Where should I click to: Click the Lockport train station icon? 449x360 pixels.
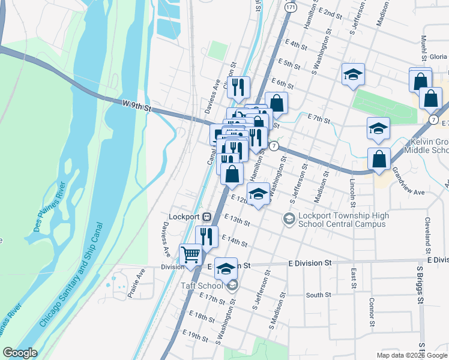point(206,216)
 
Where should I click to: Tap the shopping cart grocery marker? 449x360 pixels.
point(191,255)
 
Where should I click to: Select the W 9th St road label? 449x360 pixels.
point(135,105)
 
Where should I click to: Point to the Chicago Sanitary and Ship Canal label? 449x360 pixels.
point(71,274)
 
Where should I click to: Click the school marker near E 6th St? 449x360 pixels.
point(353,75)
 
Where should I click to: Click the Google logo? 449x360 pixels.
point(20,353)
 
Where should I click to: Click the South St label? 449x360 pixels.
point(318,295)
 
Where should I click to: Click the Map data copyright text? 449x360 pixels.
point(412,355)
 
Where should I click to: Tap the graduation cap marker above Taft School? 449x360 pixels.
point(226,269)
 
